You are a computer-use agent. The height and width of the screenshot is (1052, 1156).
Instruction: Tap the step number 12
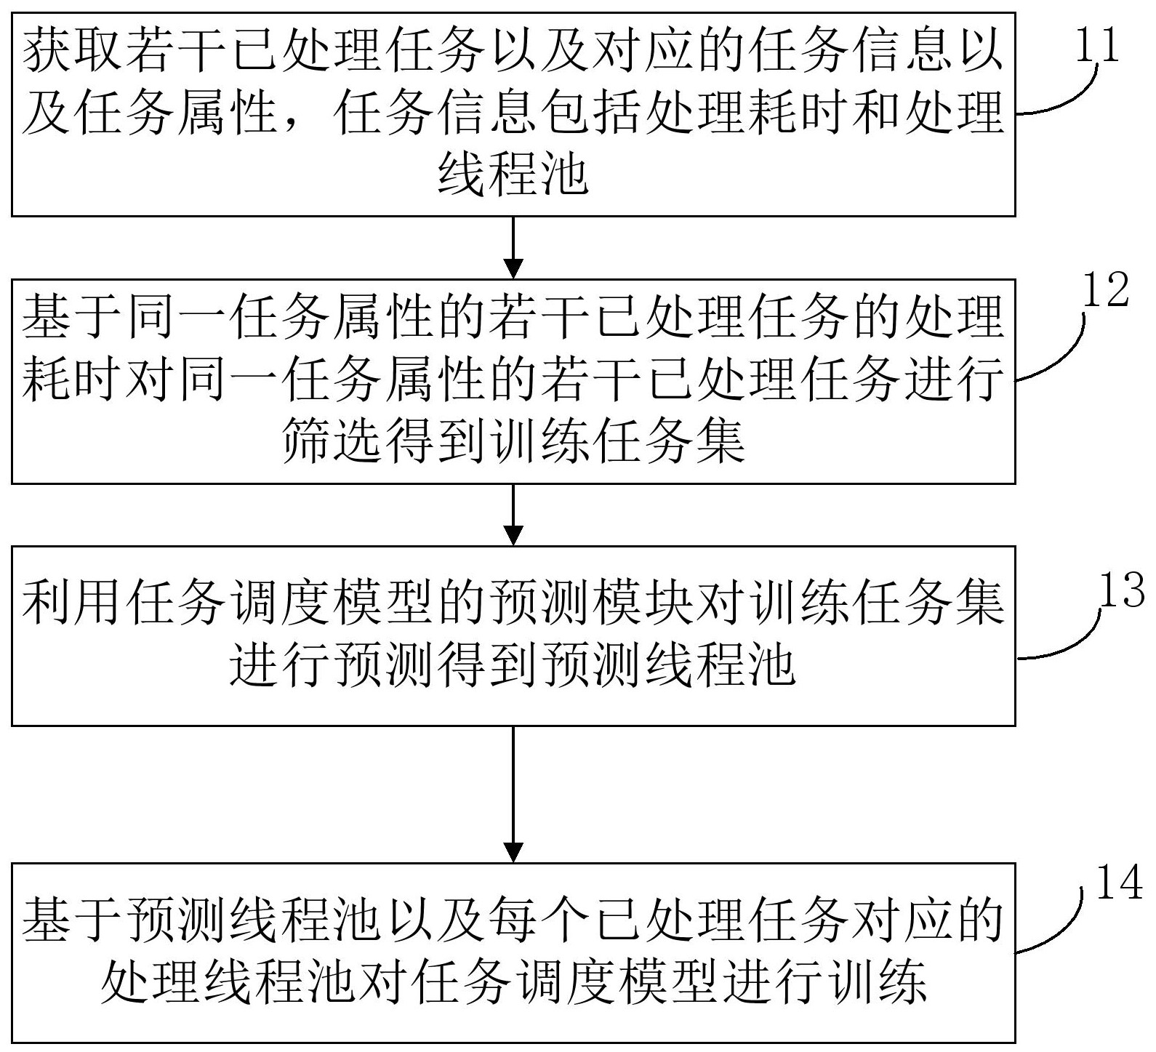point(1105,291)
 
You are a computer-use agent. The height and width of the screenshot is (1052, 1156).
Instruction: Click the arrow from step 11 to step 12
point(513,247)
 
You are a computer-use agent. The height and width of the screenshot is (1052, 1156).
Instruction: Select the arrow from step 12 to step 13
point(513,515)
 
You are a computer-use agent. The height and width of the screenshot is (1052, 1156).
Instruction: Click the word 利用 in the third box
point(74,603)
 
